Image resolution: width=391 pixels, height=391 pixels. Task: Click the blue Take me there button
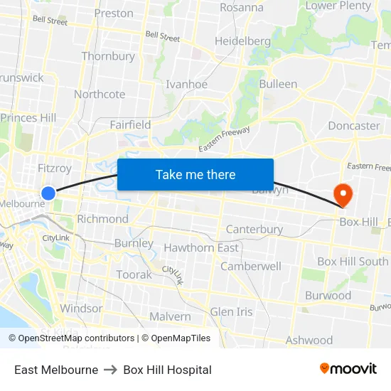[195, 174]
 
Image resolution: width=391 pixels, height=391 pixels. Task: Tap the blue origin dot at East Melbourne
[48, 193]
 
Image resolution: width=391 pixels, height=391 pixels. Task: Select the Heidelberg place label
[242, 41]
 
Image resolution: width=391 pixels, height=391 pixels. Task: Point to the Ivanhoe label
[186, 84]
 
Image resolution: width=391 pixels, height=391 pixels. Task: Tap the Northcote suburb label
[100, 94]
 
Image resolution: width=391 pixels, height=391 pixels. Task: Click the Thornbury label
[108, 56]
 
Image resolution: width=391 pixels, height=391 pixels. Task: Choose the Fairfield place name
[130, 125]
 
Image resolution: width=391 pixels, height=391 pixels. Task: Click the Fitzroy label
[54, 168]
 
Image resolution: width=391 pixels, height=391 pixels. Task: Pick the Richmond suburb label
[102, 219]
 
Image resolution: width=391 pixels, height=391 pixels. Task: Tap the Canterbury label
[254, 230]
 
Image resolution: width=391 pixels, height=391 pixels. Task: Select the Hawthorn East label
[201, 247]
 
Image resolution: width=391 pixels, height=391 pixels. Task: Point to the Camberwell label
[251, 266]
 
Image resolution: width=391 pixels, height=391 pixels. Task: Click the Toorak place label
[134, 274]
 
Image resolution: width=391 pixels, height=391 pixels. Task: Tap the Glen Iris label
[231, 312]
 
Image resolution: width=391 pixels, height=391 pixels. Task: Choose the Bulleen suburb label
[278, 84]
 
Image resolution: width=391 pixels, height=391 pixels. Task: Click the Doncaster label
[353, 126]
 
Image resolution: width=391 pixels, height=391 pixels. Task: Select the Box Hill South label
[353, 262]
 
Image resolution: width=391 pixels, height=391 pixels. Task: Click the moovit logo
[348, 369]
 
